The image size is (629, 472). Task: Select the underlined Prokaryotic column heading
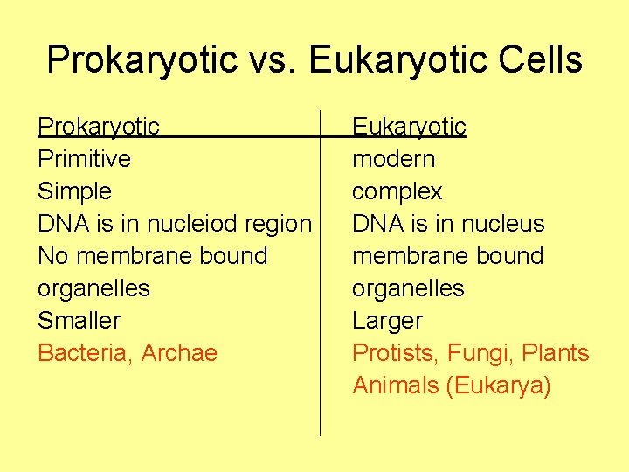click(99, 128)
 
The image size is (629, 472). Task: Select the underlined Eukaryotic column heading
click(409, 128)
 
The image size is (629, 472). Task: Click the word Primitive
click(84, 159)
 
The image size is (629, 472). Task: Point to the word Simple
click(74, 191)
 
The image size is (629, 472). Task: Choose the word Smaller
click(79, 321)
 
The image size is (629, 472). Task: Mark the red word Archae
click(179, 353)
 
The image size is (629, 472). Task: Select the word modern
click(393, 159)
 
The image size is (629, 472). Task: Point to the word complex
click(397, 191)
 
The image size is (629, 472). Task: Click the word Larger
click(387, 321)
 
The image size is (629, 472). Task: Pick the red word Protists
click(396, 353)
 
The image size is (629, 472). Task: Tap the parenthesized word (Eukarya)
click(498, 385)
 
